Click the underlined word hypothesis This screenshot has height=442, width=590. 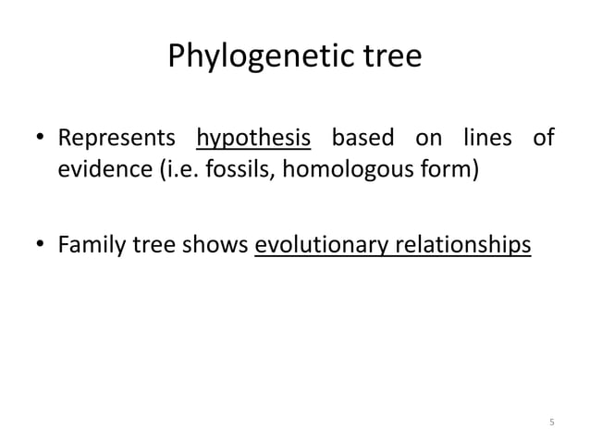[253, 141]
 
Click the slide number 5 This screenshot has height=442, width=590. [552, 423]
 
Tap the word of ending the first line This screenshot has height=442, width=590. [543, 141]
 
